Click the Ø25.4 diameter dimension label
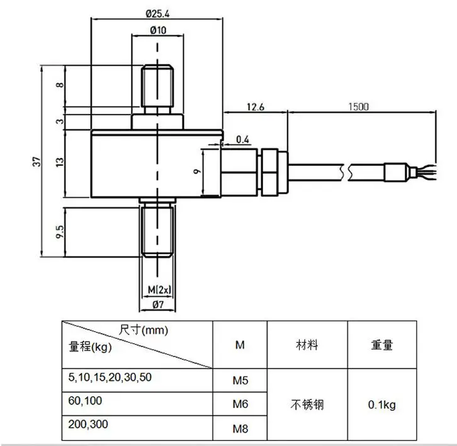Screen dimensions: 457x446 coord(157,14)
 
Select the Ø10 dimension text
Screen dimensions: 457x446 coord(158,30)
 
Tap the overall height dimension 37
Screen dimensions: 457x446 coord(36,161)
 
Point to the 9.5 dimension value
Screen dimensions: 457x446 coord(59,232)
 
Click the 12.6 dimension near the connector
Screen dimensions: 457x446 coord(256,107)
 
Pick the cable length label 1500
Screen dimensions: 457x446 coord(359,106)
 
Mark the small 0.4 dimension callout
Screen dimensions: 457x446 coord(242,140)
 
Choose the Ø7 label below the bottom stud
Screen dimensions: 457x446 coord(158,305)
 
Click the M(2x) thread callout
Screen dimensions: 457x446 coord(159,290)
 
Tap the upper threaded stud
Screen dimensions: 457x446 coord(157,86)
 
